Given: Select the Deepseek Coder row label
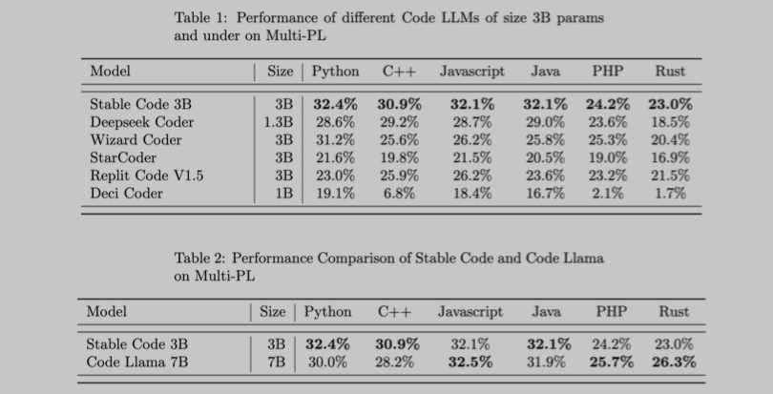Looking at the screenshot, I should click(141, 122).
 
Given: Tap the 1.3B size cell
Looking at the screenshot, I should click(278, 122).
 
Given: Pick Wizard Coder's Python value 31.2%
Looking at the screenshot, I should click(335, 139).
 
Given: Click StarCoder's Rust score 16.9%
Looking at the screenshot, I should click(670, 157).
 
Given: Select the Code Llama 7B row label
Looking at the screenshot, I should click(136, 362).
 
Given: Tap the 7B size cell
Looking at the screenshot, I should click(275, 362).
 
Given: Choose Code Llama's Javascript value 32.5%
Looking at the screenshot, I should click(470, 362).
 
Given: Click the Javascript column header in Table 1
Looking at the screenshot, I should click(471, 71).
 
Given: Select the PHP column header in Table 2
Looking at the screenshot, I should click(611, 312).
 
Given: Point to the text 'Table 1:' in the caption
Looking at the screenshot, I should click(201, 18).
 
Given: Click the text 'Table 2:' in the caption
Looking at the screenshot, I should click(199, 258).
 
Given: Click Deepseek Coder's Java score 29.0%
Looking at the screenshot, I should click(544, 122).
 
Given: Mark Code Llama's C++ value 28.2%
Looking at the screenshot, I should click(395, 362).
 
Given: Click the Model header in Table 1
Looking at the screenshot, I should click(110, 71).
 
